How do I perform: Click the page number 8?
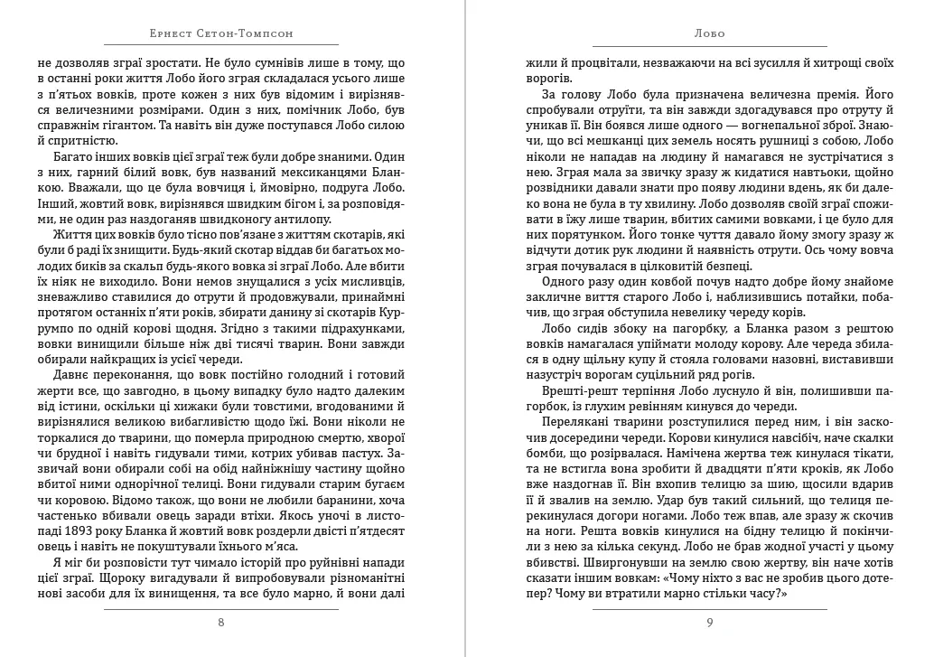point(221,622)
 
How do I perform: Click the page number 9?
point(710,622)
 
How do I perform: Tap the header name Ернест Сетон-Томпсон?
point(221,33)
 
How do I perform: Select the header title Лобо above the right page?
point(710,33)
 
